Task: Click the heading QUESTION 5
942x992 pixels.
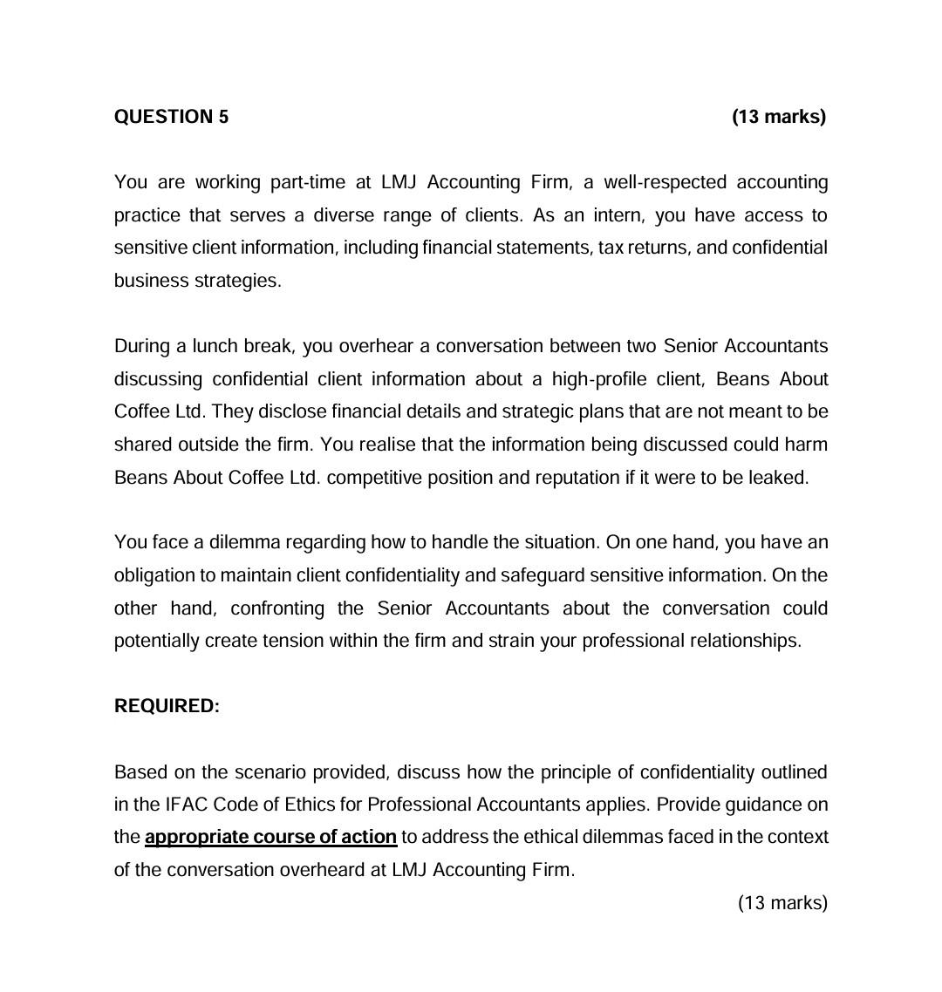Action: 171,117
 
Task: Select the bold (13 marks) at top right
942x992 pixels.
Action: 778,117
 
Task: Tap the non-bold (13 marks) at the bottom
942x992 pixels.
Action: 782,902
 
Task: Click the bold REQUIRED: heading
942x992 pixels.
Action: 167,706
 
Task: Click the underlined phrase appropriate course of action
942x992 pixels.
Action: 270,837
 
